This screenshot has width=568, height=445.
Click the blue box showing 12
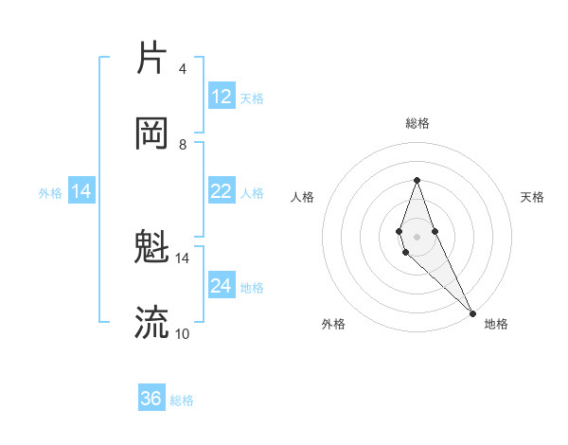click(x=222, y=97)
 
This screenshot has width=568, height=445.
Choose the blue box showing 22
click(x=222, y=191)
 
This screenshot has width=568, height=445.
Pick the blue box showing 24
click(x=222, y=286)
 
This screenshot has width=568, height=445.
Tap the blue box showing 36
click(x=151, y=399)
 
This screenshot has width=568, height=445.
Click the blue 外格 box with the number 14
click(x=81, y=191)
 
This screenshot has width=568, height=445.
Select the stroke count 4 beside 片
click(x=182, y=68)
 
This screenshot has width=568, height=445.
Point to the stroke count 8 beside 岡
click(x=182, y=144)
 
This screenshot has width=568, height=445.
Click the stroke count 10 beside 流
click(x=182, y=333)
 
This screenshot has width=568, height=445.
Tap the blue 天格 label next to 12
click(x=252, y=98)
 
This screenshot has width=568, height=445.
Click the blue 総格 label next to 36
click(x=182, y=400)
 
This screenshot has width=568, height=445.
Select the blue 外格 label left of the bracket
click(x=50, y=192)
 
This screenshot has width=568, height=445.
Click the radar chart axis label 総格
click(x=417, y=123)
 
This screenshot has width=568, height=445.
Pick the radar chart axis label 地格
click(x=496, y=324)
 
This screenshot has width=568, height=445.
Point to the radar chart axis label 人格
click(x=302, y=197)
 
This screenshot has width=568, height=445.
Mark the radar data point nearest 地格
click(x=472, y=311)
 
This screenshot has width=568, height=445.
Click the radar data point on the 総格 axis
click(x=417, y=180)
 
